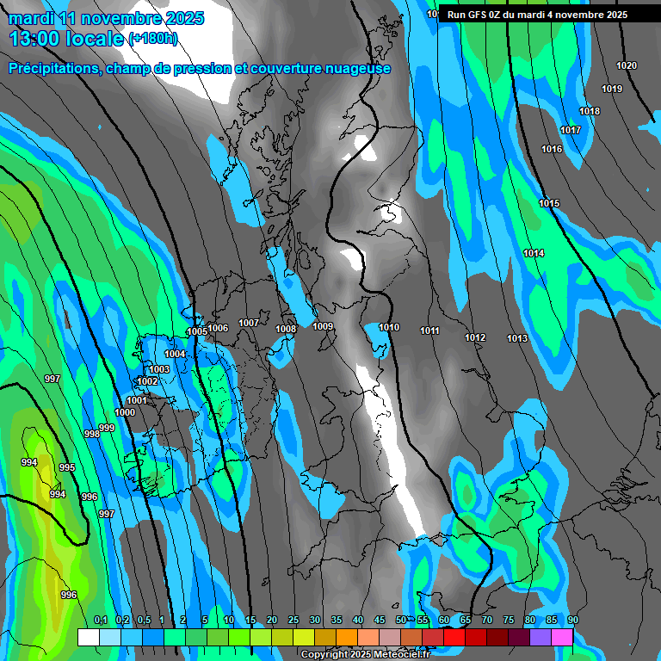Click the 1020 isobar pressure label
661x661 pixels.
pyautogui.click(x=627, y=66)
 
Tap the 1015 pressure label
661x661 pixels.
pyautogui.click(x=549, y=203)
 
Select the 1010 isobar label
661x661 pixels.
pyautogui.click(x=389, y=327)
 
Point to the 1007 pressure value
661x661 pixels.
pyautogui.click(x=249, y=323)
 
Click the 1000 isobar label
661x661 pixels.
pyautogui.click(x=125, y=412)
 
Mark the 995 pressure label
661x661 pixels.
pyautogui.click(x=67, y=467)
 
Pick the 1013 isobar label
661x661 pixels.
pyautogui.click(x=517, y=338)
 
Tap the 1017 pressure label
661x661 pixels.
pyautogui.click(x=571, y=130)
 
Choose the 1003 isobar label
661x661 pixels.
pyautogui.click(x=159, y=369)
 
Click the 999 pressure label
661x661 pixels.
pyautogui.click(x=107, y=428)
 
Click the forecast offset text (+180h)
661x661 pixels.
pyautogui.click(x=153, y=38)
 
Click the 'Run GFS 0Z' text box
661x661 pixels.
pyautogui.click(x=537, y=15)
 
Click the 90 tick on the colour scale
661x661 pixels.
pyautogui.click(x=573, y=620)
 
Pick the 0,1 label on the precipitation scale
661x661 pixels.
pyautogui.click(x=100, y=620)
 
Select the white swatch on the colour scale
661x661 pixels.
pyautogui.click(x=89, y=637)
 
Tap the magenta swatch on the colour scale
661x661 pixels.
pyautogui.click(x=562, y=637)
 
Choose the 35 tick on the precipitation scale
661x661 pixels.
pyautogui.click(x=337, y=620)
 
